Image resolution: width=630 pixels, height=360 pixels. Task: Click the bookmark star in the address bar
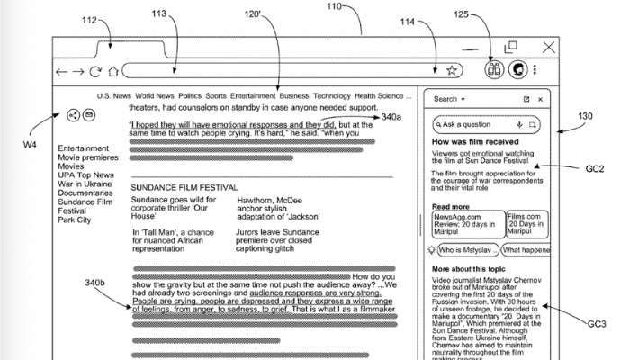[451, 70]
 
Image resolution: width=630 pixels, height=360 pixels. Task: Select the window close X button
[548, 47]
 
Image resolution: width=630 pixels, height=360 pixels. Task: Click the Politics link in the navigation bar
[190, 95]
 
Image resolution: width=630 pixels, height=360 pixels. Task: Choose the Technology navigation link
[331, 95]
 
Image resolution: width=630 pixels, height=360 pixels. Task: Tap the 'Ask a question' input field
[477, 124]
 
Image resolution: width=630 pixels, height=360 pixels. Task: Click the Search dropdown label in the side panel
[447, 99]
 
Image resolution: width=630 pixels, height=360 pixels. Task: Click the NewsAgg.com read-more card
[456, 221]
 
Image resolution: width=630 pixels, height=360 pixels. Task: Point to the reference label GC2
[595, 168]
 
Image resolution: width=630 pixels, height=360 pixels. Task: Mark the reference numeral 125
[487, 13]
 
